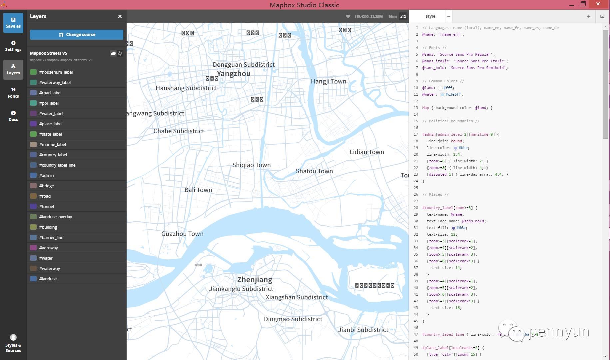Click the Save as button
click(x=13, y=23)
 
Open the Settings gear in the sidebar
click(x=13, y=46)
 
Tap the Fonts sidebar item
click(x=13, y=93)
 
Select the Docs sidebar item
click(x=13, y=116)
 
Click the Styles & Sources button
click(x=13, y=343)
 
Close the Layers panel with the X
click(x=120, y=16)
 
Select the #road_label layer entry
click(x=50, y=93)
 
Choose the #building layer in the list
click(x=48, y=227)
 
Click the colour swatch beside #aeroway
click(x=33, y=248)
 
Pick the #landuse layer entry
click(x=48, y=279)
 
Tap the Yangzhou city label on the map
click(x=234, y=74)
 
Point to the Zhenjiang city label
click(x=255, y=280)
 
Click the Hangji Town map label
click(x=328, y=81)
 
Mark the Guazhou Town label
click(x=182, y=234)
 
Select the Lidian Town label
click(x=366, y=152)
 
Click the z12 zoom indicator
click(x=403, y=16)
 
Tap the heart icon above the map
click(x=348, y=16)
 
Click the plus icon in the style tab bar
click(x=589, y=16)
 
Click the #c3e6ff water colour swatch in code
click(x=442, y=95)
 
